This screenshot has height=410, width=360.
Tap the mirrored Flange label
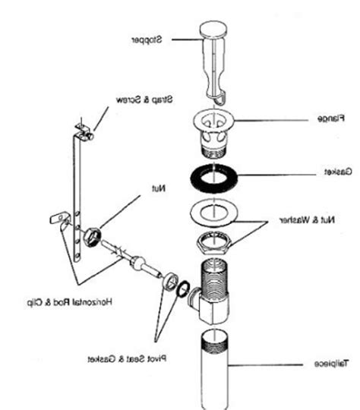[x=330, y=119]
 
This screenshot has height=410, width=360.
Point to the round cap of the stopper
[x=216, y=30]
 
